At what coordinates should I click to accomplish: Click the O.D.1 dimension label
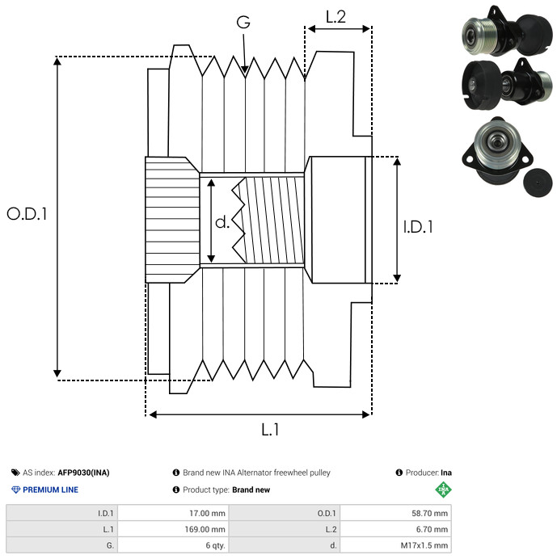(x=27, y=214)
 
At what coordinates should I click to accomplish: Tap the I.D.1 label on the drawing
(x=418, y=227)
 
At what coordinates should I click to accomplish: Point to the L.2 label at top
(x=335, y=16)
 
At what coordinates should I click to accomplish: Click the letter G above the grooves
(x=243, y=23)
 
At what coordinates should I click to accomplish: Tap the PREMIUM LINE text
(x=50, y=490)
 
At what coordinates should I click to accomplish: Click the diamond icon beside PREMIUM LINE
(x=15, y=490)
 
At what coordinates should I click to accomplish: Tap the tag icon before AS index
(x=15, y=473)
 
